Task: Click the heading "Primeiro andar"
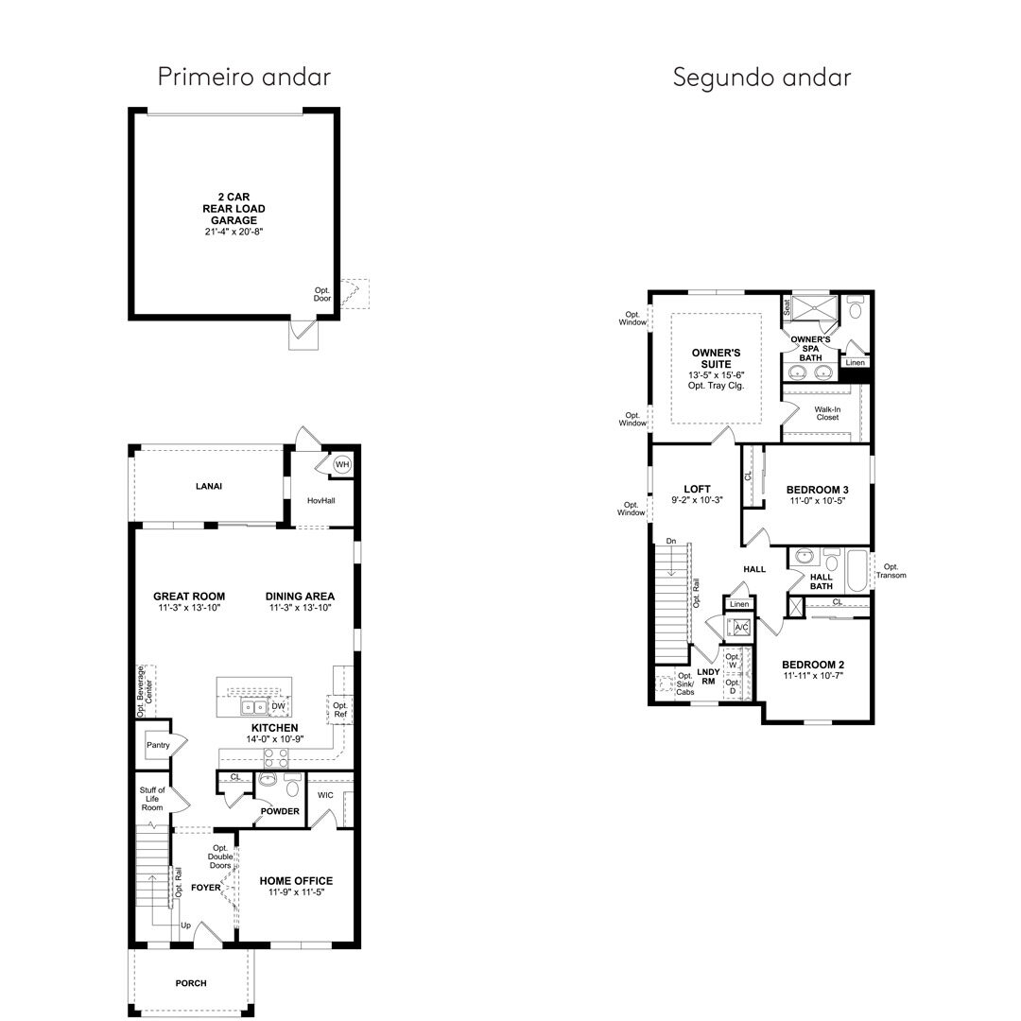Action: tap(244, 77)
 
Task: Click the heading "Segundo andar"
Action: tap(762, 78)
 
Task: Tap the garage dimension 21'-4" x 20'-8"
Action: tap(234, 232)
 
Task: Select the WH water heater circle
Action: tap(342, 464)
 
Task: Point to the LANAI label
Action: tap(209, 486)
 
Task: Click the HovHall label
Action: tap(321, 501)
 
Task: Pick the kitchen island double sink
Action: tap(253, 706)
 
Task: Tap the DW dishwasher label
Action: tap(278, 706)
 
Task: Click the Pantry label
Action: tap(158, 745)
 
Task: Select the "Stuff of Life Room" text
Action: tap(152, 799)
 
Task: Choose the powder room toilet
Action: tap(293, 786)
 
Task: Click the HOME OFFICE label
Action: tap(296, 881)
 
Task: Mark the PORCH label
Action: tap(191, 983)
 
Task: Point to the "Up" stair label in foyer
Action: tap(185, 926)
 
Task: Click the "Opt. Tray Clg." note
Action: tap(717, 386)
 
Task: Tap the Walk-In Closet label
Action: tap(827, 413)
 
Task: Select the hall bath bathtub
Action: tap(857, 570)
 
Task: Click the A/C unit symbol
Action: tap(742, 627)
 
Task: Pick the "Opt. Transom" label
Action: tap(891, 571)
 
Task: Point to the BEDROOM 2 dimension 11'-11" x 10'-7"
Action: tap(813, 676)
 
